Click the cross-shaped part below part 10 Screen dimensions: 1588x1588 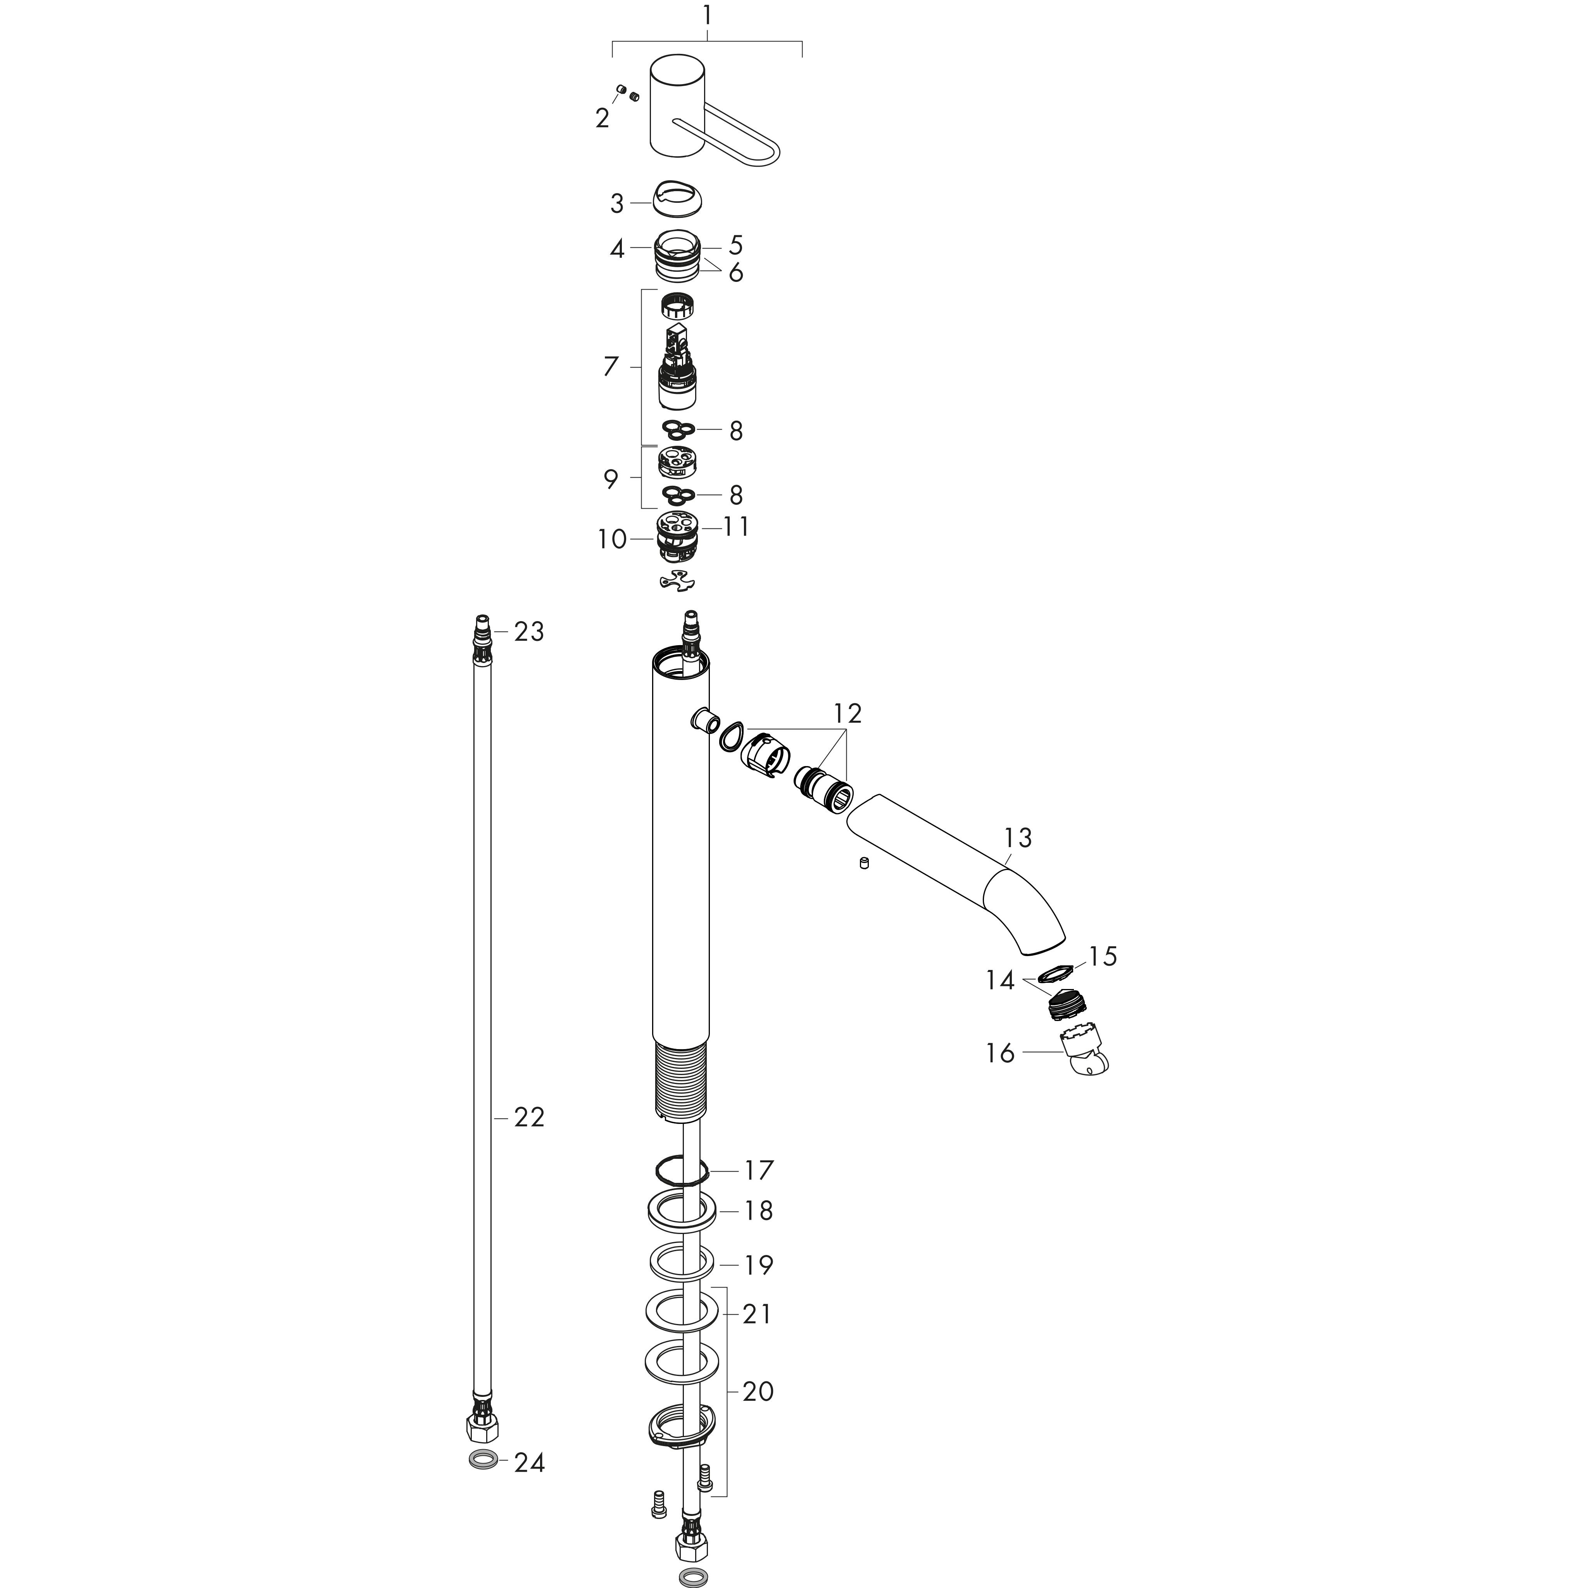tap(678, 581)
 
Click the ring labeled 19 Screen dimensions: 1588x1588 tap(682, 1262)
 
